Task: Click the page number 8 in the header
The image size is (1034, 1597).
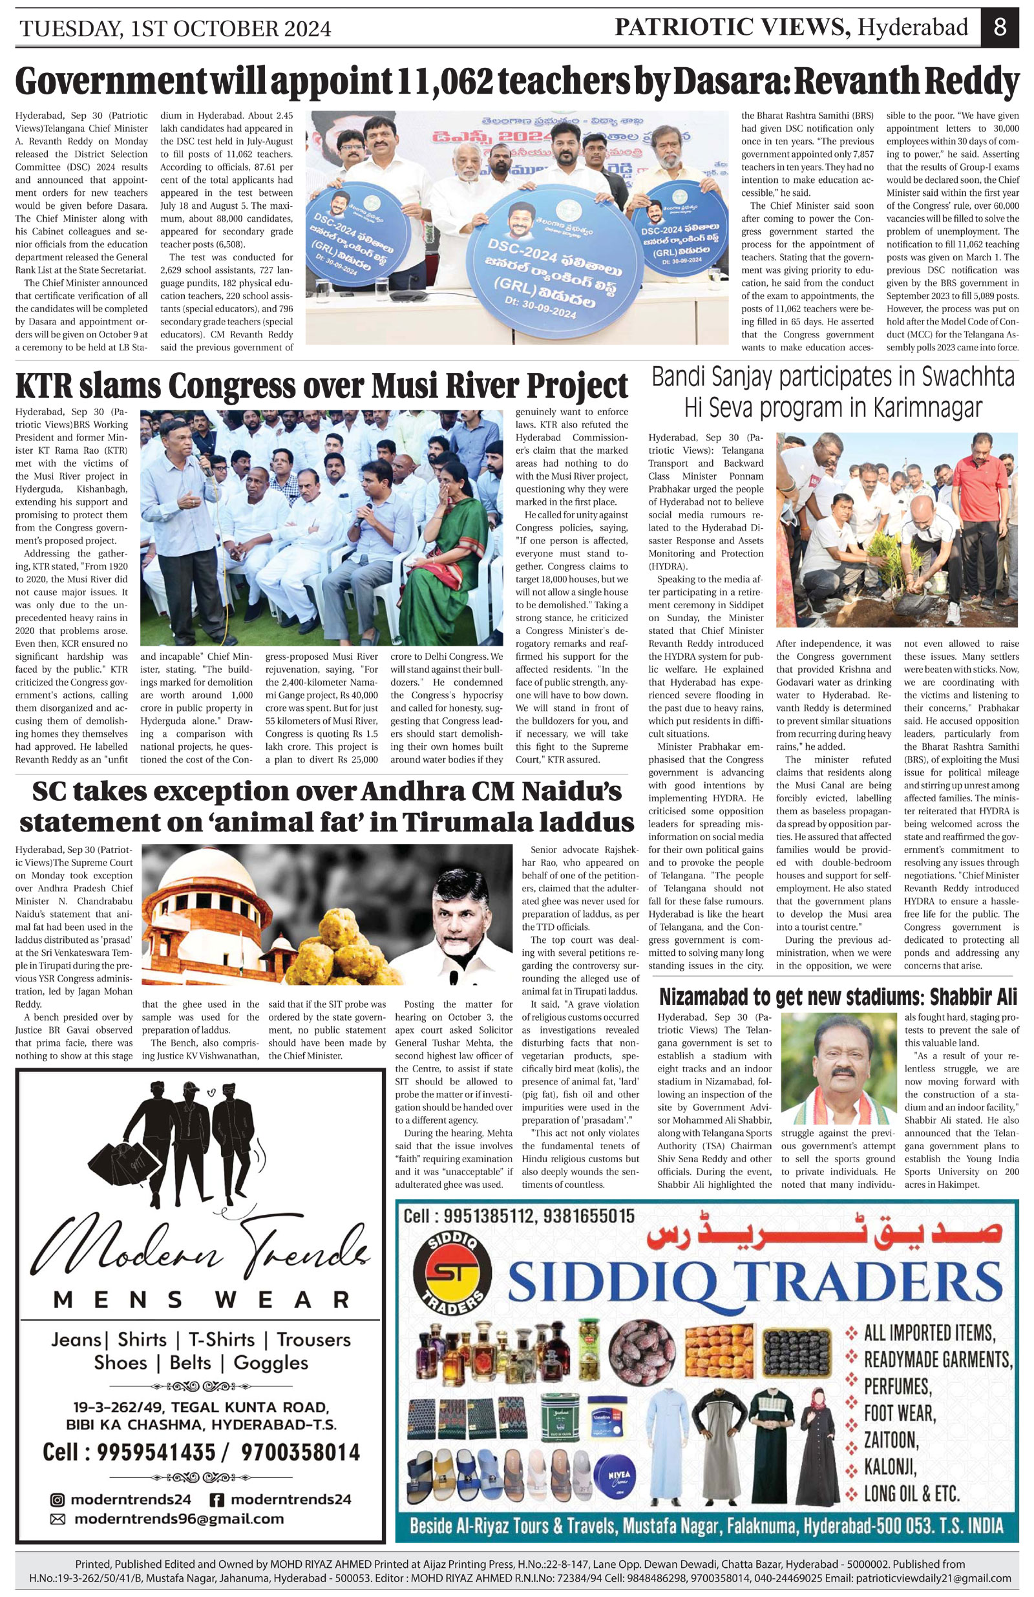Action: point(1000,28)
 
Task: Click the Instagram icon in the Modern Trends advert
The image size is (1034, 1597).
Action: point(58,1499)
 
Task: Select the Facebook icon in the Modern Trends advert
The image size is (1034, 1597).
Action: point(216,1499)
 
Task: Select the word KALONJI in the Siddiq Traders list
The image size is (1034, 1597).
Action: point(889,1467)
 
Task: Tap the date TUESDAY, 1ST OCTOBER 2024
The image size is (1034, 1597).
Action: point(175,29)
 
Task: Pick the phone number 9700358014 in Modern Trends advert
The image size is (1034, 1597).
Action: point(300,1453)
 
